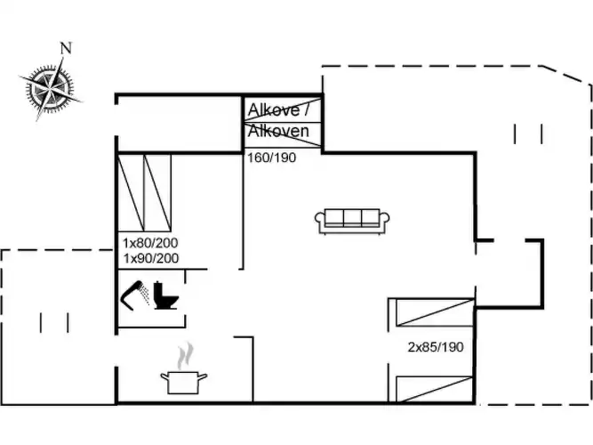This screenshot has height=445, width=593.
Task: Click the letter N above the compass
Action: point(66,48)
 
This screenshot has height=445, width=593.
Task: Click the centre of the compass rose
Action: point(50,89)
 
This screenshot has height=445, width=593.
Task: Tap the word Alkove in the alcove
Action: point(274,110)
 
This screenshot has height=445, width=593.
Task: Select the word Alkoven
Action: point(278,131)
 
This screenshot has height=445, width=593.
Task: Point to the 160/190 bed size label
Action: point(271,158)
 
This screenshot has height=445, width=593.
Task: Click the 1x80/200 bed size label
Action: point(150,243)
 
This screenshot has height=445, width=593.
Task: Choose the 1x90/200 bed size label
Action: point(151,258)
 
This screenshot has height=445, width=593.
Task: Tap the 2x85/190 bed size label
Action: point(436,347)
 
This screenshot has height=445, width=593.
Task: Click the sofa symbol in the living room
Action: point(352,221)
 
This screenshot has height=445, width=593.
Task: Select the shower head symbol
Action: point(134,295)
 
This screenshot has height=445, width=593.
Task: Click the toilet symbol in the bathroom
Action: point(165,295)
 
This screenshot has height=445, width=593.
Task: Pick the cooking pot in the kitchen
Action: point(184,382)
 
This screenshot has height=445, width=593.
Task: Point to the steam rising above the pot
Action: point(185,356)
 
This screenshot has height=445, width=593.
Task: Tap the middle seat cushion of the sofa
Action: point(352,217)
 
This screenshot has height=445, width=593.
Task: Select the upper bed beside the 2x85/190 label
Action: point(435,312)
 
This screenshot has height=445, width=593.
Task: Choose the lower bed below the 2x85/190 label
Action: point(435,389)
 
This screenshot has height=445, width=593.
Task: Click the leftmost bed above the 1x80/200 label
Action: point(132,192)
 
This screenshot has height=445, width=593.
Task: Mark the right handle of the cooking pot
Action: point(203,376)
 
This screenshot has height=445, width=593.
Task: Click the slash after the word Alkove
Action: point(306,109)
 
